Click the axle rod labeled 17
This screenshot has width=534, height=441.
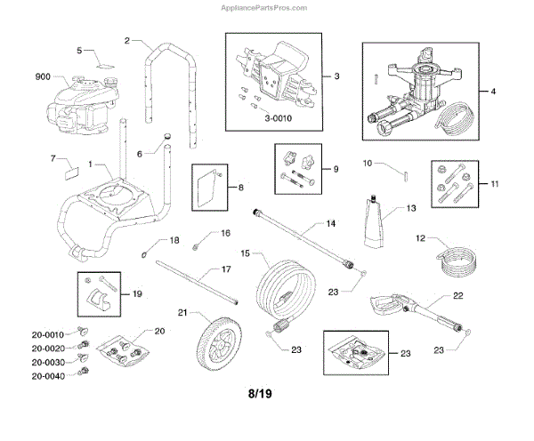198,285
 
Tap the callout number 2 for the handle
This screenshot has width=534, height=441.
127,41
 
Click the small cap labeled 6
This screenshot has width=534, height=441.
166,134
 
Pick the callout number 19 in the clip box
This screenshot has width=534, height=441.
136,293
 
